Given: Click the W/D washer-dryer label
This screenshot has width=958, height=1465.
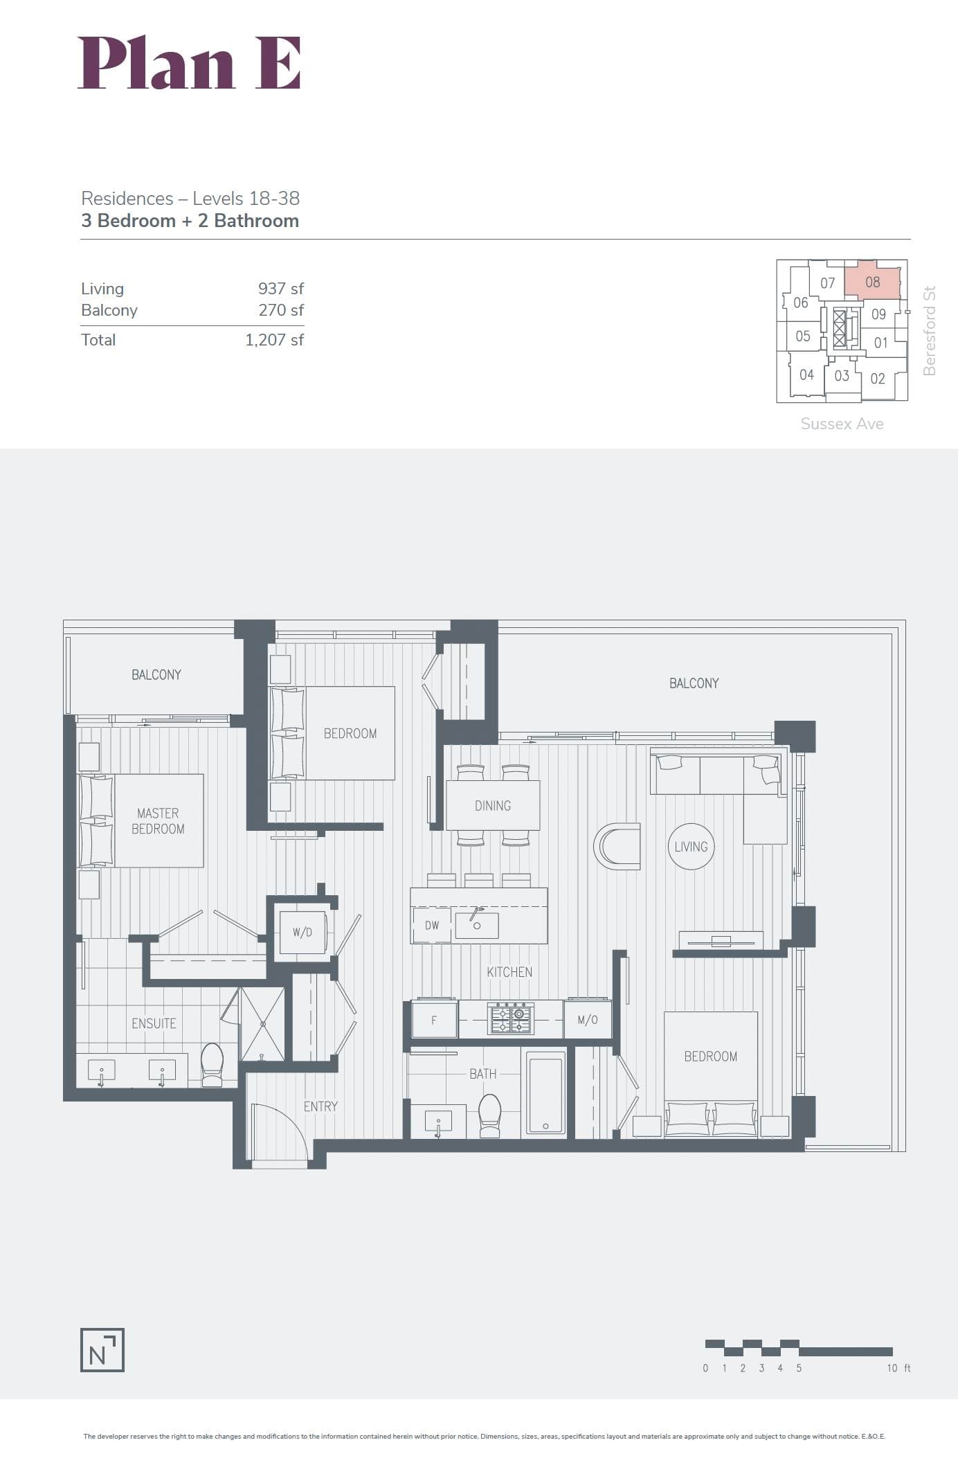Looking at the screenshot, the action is click(302, 932).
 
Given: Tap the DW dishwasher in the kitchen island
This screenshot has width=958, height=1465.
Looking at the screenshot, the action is click(432, 926).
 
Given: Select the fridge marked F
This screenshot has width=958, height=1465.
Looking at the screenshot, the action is click(434, 1019).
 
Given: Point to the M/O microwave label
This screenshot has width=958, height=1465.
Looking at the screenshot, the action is click(588, 1020).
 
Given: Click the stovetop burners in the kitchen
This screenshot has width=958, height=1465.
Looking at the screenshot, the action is click(511, 1019).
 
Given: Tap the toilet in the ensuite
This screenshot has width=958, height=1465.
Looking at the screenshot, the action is click(212, 1064).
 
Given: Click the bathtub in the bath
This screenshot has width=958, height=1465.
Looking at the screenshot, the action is click(546, 1093).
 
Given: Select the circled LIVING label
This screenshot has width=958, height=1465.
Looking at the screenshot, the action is click(691, 847).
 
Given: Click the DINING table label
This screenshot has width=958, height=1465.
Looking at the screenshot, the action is click(493, 806).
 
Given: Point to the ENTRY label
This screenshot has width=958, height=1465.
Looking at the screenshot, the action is click(320, 1106).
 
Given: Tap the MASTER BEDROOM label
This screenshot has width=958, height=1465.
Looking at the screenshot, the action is click(158, 821).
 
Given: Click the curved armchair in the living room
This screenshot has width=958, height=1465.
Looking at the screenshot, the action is click(617, 846).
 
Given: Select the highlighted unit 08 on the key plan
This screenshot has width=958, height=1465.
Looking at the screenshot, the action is click(873, 280).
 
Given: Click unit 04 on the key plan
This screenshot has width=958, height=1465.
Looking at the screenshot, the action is click(807, 375).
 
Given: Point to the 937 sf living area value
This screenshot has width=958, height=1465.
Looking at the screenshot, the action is click(281, 289).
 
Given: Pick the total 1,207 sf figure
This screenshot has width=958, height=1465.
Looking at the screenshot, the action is click(275, 340).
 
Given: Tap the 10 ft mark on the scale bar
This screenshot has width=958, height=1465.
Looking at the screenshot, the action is click(898, 1368).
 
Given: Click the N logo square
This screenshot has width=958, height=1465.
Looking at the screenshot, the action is click(102, 1350).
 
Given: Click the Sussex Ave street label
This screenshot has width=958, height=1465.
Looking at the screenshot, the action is click(842, 424).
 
